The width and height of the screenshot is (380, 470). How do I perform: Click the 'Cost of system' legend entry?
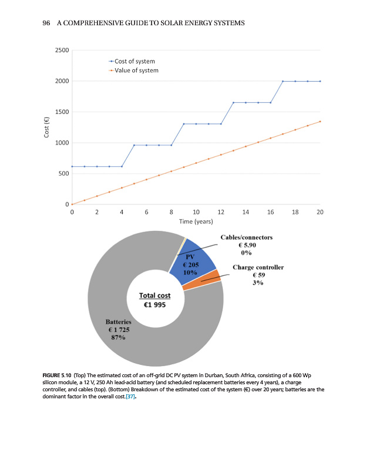tap(134, 61)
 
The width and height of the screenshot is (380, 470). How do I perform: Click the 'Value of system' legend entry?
tap(136, 70)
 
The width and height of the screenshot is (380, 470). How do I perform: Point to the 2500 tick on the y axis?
tap(62, 50)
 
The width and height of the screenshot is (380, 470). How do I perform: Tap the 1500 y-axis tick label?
tap(62, 112)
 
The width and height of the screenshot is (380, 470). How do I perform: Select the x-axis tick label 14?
tap(246, 211)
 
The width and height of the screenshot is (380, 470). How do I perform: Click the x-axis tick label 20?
tap(320, 211)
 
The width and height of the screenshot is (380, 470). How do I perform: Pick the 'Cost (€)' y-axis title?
tap(46, 127)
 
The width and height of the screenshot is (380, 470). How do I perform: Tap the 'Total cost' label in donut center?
tap(154, 296)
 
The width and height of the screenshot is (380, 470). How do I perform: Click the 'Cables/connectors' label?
tap(246, 237)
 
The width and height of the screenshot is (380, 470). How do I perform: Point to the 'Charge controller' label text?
tap(258, 267)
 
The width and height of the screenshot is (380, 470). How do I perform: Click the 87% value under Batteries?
tap(117, 338)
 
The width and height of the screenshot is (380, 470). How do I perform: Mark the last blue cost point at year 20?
tap(320, 81)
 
